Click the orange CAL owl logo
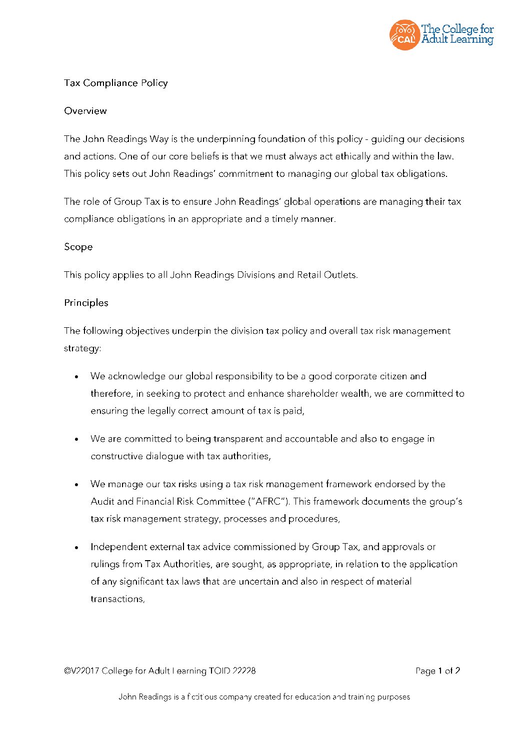[403, 35]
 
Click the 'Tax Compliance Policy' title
[115, 83]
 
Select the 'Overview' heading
[85, 111]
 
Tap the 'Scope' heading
[78, 247]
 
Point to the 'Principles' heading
[86, 303]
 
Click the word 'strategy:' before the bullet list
[82, 348]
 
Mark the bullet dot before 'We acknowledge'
[76, 377]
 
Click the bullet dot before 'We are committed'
[76, 440]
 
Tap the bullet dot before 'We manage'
[76, 485]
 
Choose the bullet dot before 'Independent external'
[76, 548]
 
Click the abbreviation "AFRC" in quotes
[268, 501]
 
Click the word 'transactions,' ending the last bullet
[117, 599]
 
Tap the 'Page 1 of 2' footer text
[437, 671]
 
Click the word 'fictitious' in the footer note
[202, 697]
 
